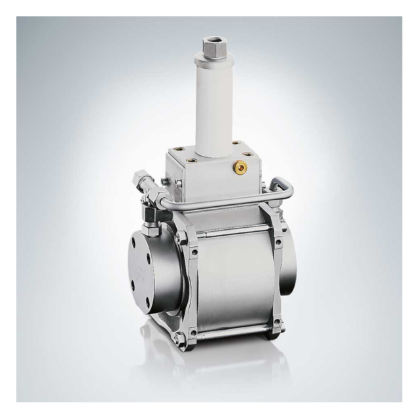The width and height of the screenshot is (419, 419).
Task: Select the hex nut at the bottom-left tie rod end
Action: click(x=178, y=338)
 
